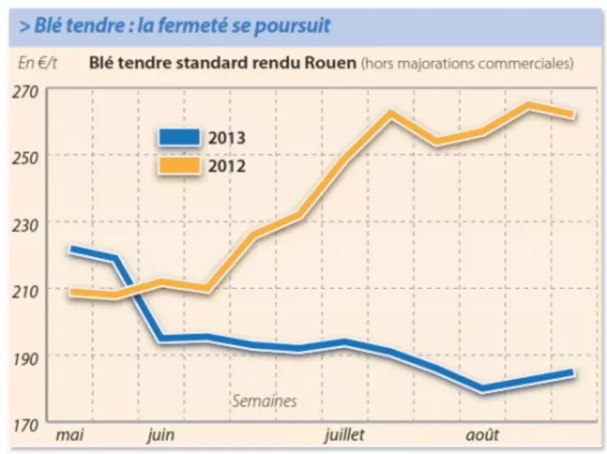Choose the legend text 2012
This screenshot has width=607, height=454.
[226, 166]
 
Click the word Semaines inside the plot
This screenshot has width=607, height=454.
[264, 400]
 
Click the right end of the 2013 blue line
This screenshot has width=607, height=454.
[571, 373]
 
